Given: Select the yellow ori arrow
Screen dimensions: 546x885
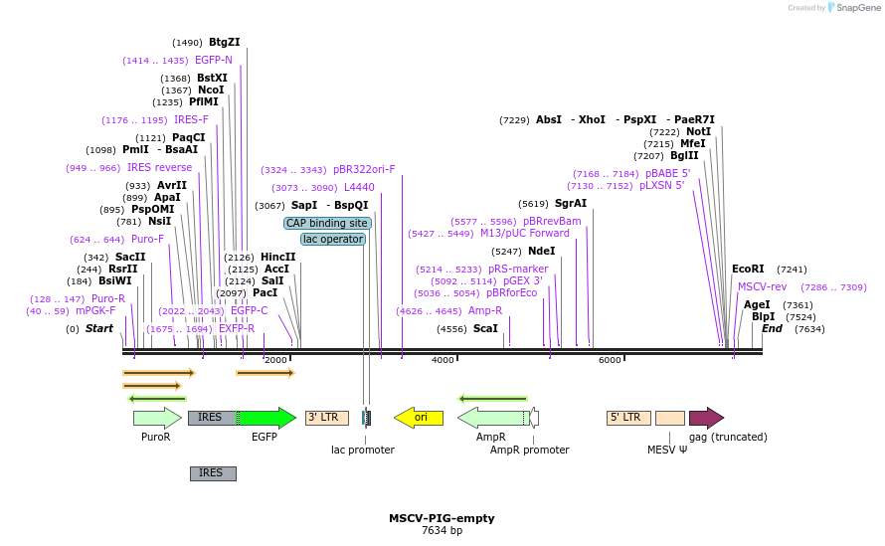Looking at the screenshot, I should (x=419, y=418).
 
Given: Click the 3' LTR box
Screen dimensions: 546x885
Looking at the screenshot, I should (x=327, y=418).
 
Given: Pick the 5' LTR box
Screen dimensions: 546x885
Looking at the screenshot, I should (x=628, y=418).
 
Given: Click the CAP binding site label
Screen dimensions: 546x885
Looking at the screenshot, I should (x=327, y=224).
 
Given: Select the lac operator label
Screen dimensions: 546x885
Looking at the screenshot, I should (x=333, y=240).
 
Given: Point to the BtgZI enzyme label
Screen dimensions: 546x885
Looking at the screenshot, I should (x=224, y=43).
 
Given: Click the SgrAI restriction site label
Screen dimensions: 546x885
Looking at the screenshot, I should (x=571, y=204).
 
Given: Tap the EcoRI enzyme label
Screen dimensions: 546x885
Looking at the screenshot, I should (x=748, y=270).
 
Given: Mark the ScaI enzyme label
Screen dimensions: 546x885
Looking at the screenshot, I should (x=485, y=329).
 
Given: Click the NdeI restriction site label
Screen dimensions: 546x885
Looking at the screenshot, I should (x=542, y=252).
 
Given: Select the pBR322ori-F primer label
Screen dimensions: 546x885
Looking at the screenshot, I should (x=364, y=170).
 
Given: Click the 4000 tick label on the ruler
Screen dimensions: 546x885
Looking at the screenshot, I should (x=442, y=360).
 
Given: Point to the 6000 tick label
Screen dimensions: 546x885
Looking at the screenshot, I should (x=610, y=360).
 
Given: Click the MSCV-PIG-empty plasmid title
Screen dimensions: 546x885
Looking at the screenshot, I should (x=442, y=518).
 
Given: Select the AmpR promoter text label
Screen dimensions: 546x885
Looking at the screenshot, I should (x=530, y=451).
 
